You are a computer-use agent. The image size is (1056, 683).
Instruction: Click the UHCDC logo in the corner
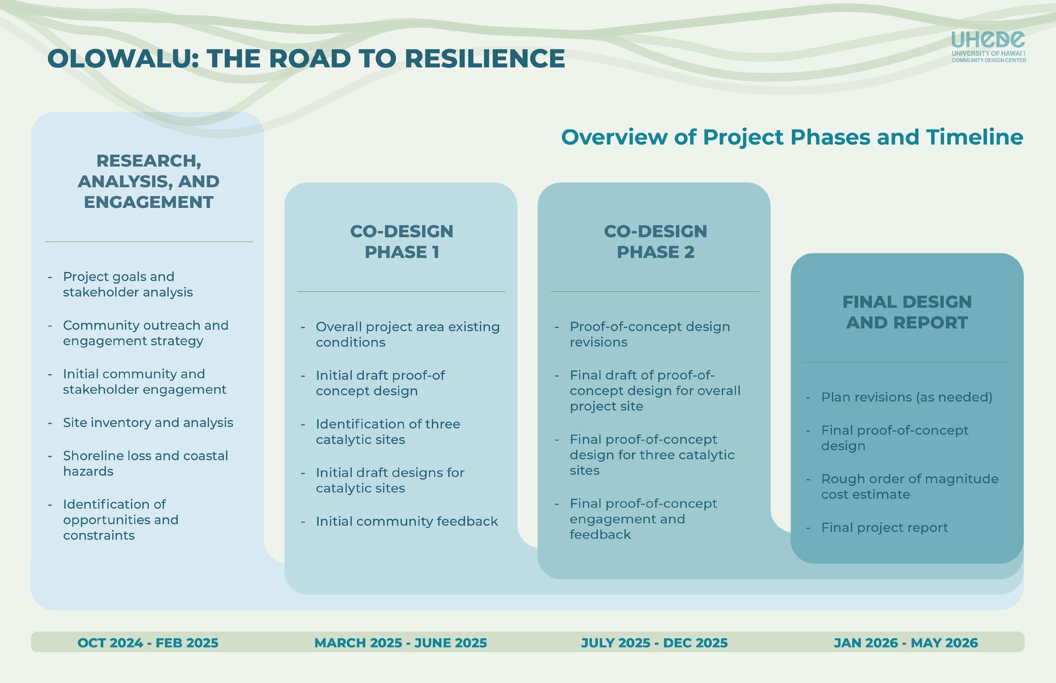click(x=988, y=46)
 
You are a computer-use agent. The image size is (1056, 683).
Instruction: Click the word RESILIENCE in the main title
click(x=484, y=59)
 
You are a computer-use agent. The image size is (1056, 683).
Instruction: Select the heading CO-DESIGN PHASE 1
click(x=402, y=242)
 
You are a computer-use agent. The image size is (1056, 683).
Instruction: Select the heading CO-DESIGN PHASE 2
click(x=655, y=242)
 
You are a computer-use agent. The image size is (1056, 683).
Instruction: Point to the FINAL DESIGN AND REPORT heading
click(x=907, y=312)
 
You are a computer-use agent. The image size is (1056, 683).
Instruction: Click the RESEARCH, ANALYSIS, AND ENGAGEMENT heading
click(x=149, y=182)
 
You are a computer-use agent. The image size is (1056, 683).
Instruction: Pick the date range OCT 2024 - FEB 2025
click(x=148, y=642)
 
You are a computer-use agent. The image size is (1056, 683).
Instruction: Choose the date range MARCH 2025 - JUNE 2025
click(x=401, y=642)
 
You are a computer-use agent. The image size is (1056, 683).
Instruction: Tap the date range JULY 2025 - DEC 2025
click(x=654, y=642)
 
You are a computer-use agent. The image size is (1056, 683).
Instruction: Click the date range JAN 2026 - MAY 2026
click(x=905, y=642)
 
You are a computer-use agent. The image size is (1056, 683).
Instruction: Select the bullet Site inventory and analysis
click(x=148, y=423)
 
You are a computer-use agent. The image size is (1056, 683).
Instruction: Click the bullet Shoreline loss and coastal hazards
click(x=145, y=464)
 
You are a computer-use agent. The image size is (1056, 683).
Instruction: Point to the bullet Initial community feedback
click(x=406, y=521)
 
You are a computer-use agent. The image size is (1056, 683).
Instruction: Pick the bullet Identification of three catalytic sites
click(x=388, y=432)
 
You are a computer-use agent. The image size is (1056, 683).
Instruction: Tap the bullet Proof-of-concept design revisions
click(x=650, y=335)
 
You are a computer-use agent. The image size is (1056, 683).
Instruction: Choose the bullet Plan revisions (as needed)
click(x=906, y=397)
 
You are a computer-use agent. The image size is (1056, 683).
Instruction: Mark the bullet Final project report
click(x=884, y=527)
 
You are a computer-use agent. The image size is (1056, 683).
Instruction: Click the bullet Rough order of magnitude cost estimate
click(x=910, y=486)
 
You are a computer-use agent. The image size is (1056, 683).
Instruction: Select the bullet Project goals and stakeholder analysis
click(x=128, y=284)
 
